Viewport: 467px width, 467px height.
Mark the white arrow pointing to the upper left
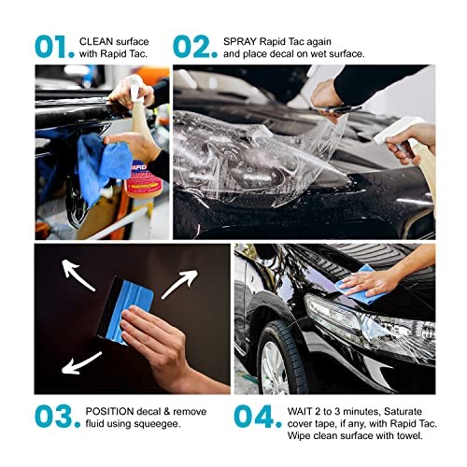click(x=74, y=271)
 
